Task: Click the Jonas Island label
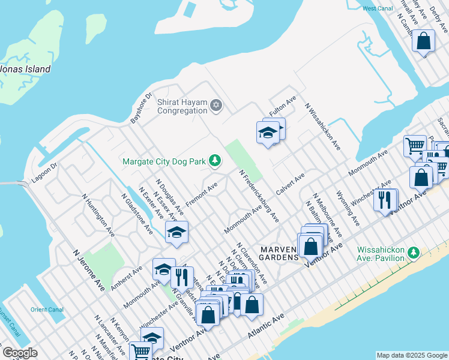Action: [x=25, y=69]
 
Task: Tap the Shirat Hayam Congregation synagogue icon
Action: [x=216, y=106]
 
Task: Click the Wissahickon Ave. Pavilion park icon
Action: [x=413, y=253]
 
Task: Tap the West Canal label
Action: [x=378, y=8]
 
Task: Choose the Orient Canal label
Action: [x=47, y=310]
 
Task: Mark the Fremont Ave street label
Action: [x=201, y=196]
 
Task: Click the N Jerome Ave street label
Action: [x=89, y=271]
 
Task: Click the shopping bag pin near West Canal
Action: [x=423, y=42]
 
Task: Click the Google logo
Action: [x=19, y=353]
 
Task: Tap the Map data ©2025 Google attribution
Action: [x=411, y=355]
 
